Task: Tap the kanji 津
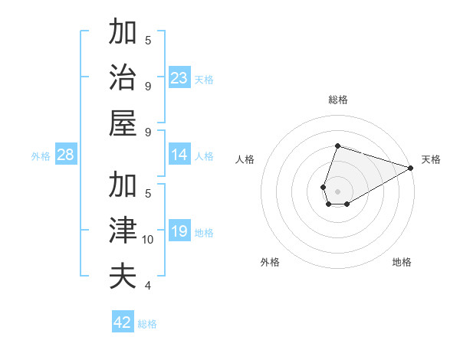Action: pyautogui.click(x=123, y=231)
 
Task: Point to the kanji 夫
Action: pyautogui.click(x=123, y=276)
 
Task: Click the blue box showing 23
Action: pyautogui.click(x=179, y=77)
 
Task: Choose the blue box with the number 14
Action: pyautogui.click(x=179, y=155)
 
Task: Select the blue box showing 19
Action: pyautogui.click(x=179, y=231)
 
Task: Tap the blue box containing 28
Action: pyautogui.click(x=65, y=155)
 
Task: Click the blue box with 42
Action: pyautogui.click(x=123, y=322)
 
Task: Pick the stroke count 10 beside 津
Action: pyautogui.click(x=148, y=240)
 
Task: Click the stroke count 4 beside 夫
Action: pyautogui.click(x=147, y=286)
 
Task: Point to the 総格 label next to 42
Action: pyautogui.click(x=147, y=324)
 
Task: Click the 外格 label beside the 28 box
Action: pyautogui.click(x=41, y=156)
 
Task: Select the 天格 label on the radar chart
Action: pyautogui.click(x=431, y=160)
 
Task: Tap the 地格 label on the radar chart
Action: pyautogui.click(x=402, y=262)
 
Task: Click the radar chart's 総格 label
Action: pyautogui.click(x=337, y=100)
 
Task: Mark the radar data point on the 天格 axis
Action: pyautogui.click(x=410, y=168)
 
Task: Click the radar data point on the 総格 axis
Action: pyautogui.click(x=337, y=146)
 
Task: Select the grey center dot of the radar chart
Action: pyautogui.click(x=337, y=191)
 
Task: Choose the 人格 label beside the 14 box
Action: pyautogui.click(x=204, y=156)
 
